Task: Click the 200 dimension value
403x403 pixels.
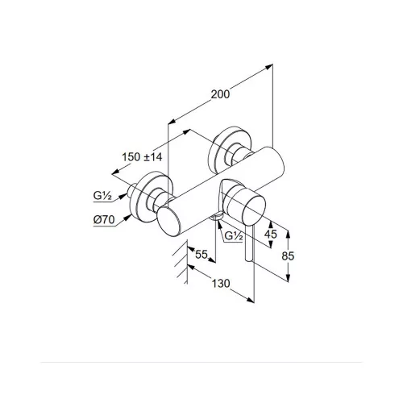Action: tap(220, 94)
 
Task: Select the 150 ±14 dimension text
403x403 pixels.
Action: tap(142, 157)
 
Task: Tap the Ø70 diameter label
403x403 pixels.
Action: tap(104, 220)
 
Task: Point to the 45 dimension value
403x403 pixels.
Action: tap(270, 235)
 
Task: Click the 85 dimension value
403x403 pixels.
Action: tap(288, 256)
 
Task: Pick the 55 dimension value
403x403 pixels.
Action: tap(201, 254)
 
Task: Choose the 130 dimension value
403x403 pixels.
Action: tap(221, 284)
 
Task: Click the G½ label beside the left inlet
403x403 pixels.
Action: tap(102, 196)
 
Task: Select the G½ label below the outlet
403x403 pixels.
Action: tap(234, 236)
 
